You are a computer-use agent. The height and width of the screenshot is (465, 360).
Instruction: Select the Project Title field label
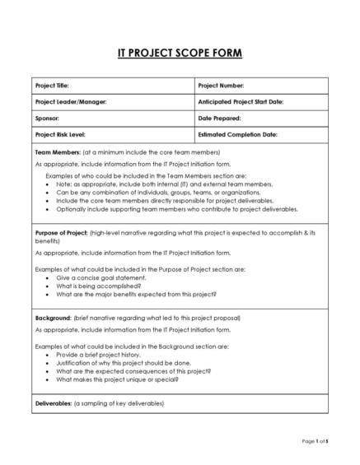point(52,86)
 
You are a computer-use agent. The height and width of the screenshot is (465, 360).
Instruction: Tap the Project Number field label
point(222,86)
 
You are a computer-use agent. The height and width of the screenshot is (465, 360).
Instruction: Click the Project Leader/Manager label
point(71,101)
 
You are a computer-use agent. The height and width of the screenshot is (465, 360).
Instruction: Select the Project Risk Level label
point(60,133)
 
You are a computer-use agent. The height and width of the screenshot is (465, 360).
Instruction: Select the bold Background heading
point(53,316)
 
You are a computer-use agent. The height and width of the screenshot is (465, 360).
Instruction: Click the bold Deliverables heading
point(54,403)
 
